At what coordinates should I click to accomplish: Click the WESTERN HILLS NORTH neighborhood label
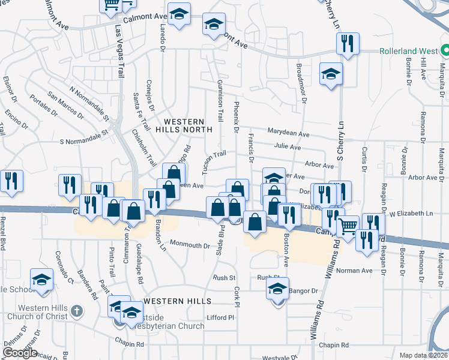tap(184, 124)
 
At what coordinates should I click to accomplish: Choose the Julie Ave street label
tap(288, 146)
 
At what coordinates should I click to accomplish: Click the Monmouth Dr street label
tap(190, 245)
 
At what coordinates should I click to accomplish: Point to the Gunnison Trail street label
tap(220, 100)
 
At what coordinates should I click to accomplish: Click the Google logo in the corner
tap(20, 353)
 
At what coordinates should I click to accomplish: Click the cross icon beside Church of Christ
tap(76, 311)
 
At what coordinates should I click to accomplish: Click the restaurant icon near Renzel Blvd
tap(11, 181)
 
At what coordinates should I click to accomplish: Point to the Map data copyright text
tap(424, 355)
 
